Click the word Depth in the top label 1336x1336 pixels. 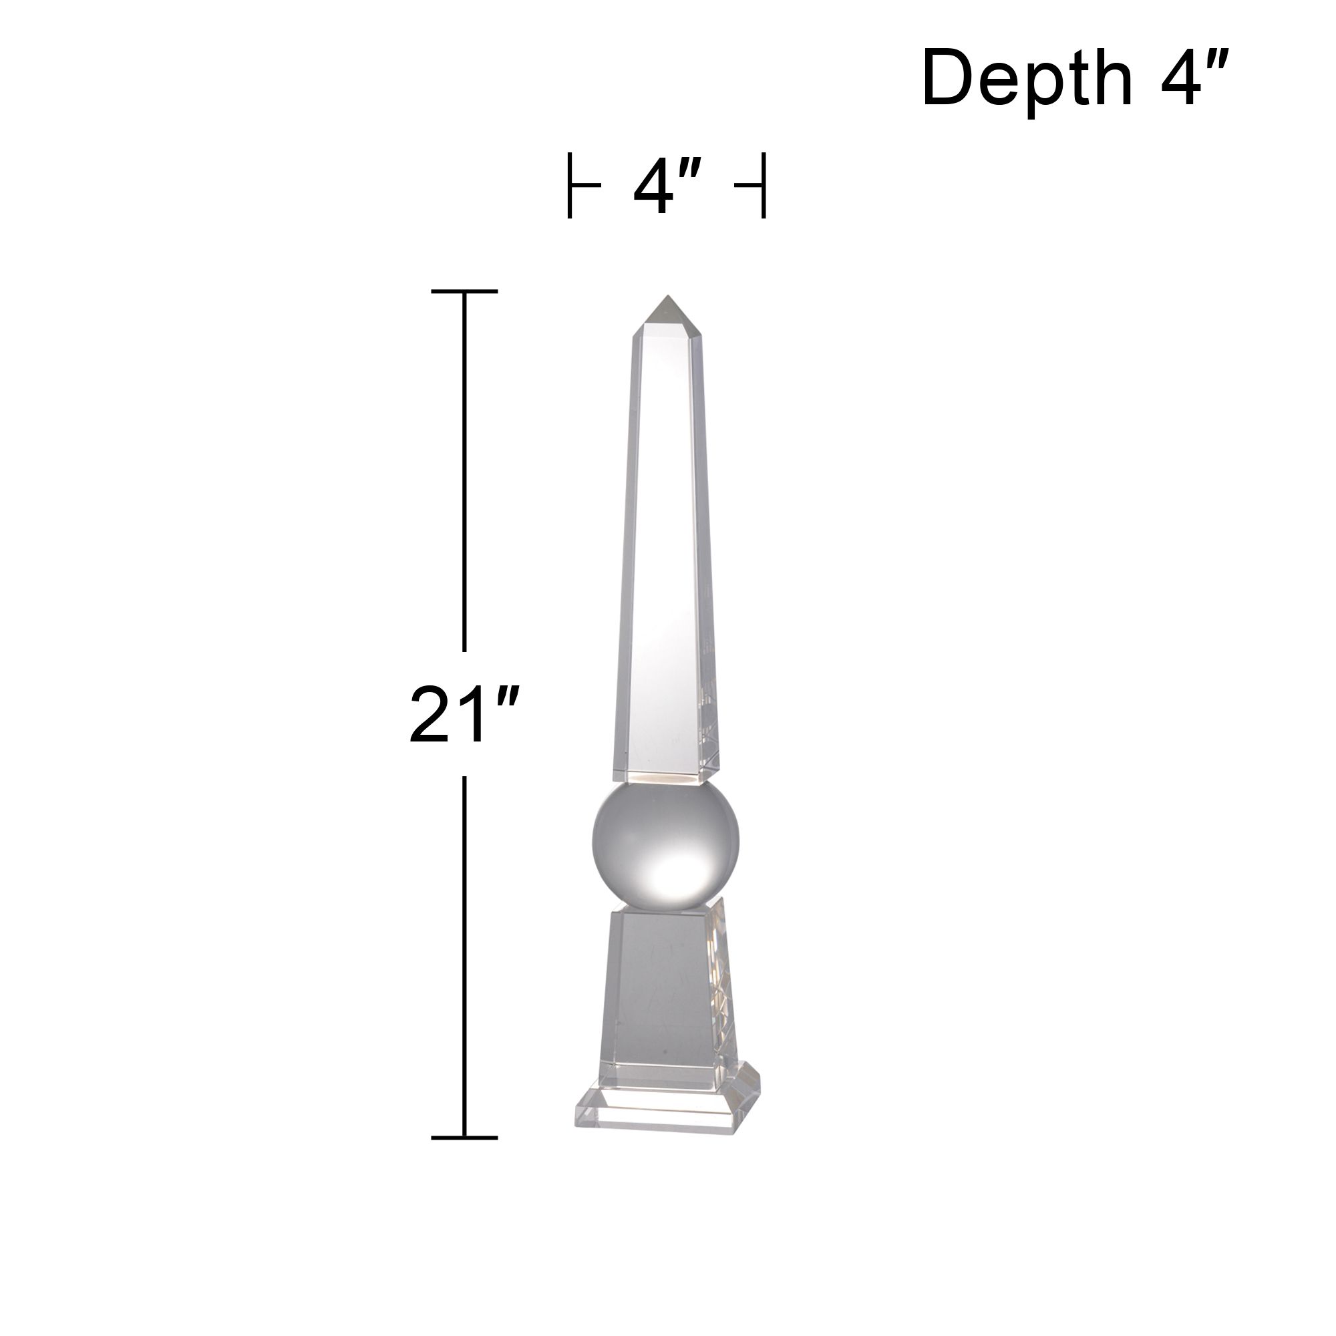(1027, 79)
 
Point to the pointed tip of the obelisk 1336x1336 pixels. (667, 299)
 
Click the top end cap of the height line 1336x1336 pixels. (464, 292)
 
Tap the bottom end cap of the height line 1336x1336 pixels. (464, 1138)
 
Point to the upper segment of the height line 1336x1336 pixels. (464, 470)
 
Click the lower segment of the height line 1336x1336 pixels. (464, 955)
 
